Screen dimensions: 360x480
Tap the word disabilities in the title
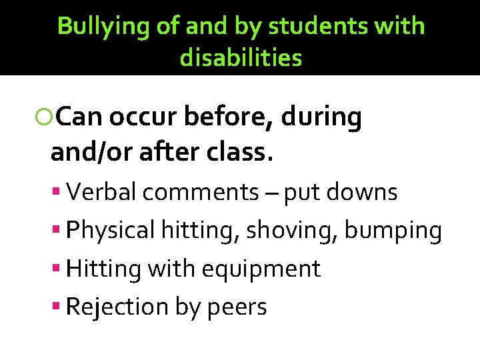click(241, 59)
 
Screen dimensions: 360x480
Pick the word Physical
click(111, 231)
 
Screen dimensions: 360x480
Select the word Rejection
click(118, 307)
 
